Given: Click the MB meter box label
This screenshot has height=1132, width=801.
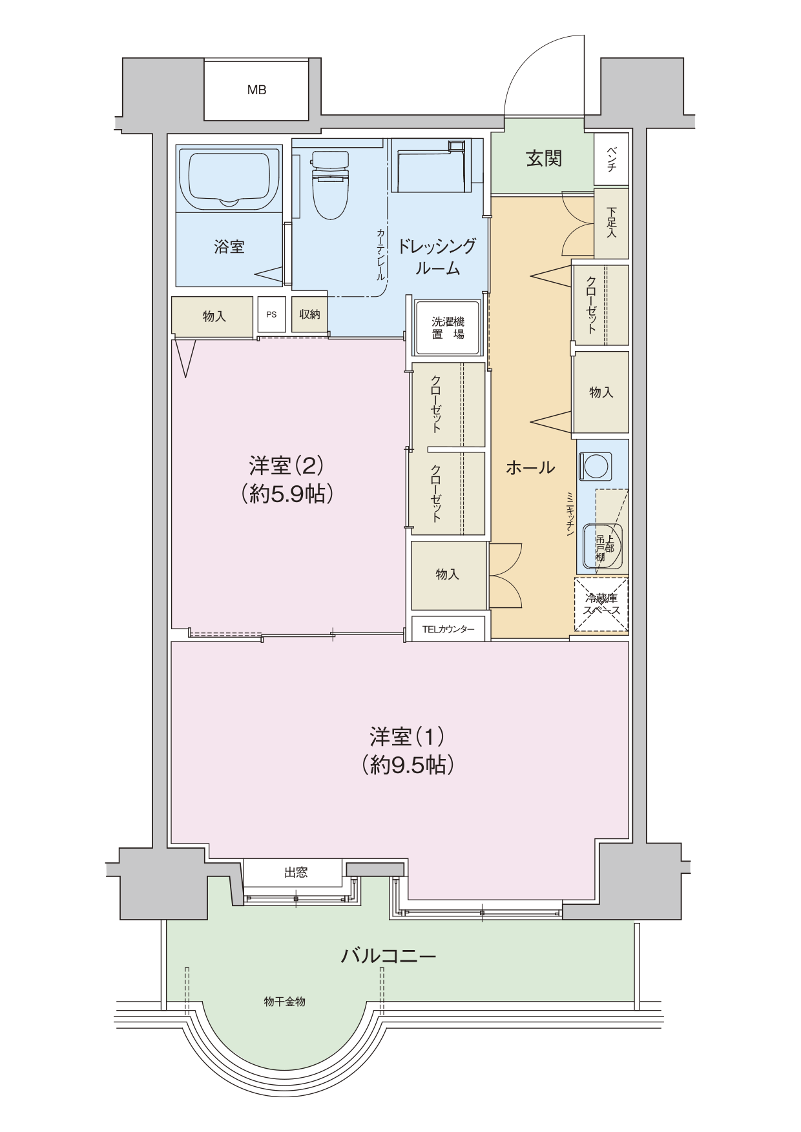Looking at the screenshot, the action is point(256,90).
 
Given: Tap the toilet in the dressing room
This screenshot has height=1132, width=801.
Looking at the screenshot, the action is point(329,185).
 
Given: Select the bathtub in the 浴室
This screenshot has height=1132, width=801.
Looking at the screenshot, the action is point(229,178).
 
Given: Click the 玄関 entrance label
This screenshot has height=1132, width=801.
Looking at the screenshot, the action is point(543,158).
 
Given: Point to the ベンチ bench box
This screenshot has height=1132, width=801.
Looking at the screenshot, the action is point(610,159).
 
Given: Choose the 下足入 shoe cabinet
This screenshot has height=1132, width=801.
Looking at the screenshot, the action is point(610,223).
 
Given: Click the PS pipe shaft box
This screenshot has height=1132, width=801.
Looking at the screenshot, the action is point(271,314).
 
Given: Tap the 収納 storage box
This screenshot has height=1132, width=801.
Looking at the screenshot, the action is point(309,314).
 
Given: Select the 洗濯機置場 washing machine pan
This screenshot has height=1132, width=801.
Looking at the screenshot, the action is point(448,327).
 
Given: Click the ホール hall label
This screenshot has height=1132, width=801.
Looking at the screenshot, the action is point(530,467).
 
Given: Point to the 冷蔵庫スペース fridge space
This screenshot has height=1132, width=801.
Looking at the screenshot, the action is point(601,605).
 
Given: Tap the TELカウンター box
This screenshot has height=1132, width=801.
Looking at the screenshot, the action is point(448,629).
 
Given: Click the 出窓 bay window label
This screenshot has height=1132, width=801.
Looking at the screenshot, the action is point(296,873).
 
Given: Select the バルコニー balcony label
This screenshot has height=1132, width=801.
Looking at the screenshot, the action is point(388,955).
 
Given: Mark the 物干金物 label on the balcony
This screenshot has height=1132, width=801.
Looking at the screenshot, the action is point(284,1002).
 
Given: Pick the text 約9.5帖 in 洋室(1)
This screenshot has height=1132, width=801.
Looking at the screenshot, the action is point(408,765).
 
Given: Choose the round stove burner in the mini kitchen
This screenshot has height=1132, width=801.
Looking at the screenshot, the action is point(595,465).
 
